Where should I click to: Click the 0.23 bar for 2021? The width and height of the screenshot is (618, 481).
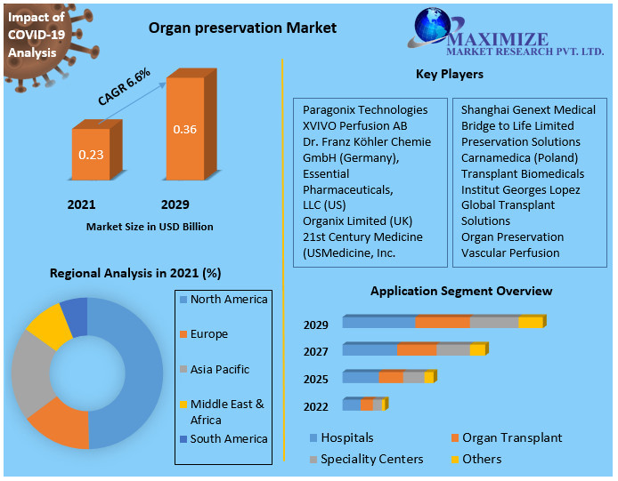click(92, 155)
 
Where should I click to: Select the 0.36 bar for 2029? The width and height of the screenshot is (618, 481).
click(184, 130)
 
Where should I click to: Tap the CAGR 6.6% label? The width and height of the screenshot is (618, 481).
click(124, 87)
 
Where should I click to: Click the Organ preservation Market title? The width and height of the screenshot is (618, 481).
click(242, 28)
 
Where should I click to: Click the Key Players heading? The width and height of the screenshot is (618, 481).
click(449, 74)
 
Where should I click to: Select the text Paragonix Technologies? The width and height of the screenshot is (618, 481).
click(365, 109)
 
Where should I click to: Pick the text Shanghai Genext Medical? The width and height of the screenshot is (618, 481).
click(528, 109)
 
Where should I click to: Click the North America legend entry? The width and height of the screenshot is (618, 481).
click(228, 299)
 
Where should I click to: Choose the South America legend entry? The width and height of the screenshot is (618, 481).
click(228, 438)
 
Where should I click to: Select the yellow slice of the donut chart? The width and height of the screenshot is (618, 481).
click(49, 326)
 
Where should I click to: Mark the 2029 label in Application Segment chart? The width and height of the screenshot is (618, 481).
click(315, 325)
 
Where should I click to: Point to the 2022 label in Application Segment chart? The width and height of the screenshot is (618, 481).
click(315, 406)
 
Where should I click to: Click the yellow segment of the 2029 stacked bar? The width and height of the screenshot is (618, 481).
click(530, 322)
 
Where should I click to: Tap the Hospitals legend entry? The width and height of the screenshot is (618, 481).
click(346, 437)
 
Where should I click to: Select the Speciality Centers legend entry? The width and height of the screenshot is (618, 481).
click(371, 459)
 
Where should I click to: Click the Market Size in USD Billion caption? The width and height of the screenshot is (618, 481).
click(150, 227)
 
